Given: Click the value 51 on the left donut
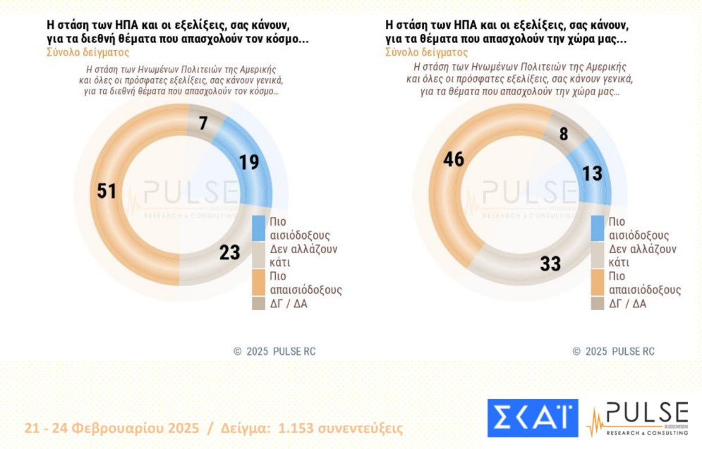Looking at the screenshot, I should [107, 191].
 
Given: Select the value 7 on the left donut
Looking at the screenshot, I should [202, 124].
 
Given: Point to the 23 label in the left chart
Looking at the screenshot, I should [229, 252].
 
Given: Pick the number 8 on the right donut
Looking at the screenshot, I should [563, 133].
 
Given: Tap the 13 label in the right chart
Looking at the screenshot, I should [593, 173].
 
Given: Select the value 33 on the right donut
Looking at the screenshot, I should [550, 264].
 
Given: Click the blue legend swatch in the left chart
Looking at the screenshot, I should [258, 228].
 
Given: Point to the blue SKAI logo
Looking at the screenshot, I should [532, 417].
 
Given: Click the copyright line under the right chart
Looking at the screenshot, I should [613, 351].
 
